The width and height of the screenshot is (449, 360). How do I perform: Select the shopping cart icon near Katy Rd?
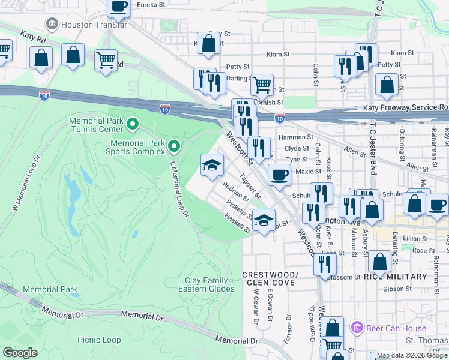[x=106, y=60]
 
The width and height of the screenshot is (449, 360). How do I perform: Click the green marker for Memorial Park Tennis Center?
[x=133, y=125]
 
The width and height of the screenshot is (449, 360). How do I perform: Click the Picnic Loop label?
[x=99, y=340]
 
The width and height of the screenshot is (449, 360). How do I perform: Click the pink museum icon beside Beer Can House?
[x=358, y=328]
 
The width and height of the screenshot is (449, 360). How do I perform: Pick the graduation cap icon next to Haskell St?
[x=264, y=220]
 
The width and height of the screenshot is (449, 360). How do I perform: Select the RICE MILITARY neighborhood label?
[x=395, y=276]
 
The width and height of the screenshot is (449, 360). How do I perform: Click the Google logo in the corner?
[x=20, y=353]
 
